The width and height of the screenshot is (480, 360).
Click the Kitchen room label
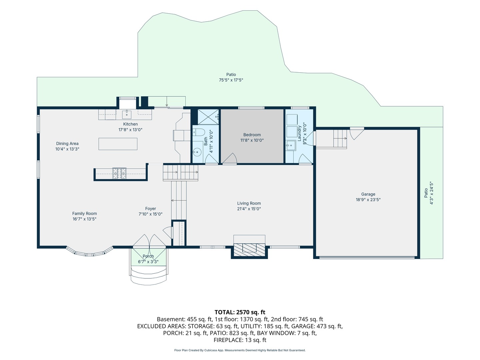(130, 124)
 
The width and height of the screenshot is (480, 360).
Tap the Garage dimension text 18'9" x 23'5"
(368, 200)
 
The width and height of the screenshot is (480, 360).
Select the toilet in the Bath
(199, 132)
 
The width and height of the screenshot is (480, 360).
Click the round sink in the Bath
(197, 151)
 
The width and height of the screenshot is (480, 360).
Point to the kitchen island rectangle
(118, 144)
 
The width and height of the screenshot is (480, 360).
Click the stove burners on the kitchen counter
(119, 173)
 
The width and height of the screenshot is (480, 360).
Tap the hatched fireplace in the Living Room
(249, 250)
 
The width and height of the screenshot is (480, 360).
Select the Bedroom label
(252, 135)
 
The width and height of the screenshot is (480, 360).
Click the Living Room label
(249, 203)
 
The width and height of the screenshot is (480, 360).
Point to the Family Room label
(84, 214)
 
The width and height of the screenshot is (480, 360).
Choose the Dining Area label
(67, 144)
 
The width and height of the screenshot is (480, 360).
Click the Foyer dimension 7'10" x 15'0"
(150, 214)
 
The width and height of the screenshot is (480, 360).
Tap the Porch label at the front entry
(148, 256)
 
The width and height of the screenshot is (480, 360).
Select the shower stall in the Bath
(208, 117)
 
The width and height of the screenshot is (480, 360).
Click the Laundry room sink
(291, 145)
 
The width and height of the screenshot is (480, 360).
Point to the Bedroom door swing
(230, 158)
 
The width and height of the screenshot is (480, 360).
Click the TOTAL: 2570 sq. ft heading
(240, 312)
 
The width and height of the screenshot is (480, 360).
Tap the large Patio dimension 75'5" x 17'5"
(231, 80)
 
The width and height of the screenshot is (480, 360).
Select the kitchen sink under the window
(127, 114)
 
